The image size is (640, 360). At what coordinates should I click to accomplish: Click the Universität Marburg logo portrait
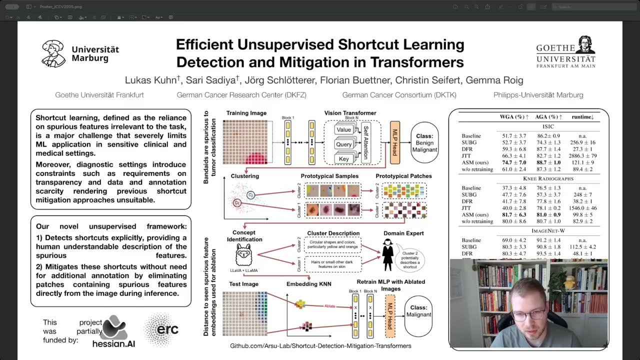[x=53, y=53]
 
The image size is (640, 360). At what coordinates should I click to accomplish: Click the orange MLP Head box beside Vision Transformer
[x=394, y=142]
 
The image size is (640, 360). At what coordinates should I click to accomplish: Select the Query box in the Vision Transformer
[x=343, y=144]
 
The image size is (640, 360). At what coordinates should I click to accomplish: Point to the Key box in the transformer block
[x=343, y=158]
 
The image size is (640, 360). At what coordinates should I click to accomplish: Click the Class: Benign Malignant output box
[x=424, y=142]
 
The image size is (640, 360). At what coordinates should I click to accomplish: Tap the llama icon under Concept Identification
[x=244, y=254]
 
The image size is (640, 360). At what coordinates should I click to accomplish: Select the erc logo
[x=161, y=329]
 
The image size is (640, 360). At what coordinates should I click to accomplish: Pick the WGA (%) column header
[x=513, y=117]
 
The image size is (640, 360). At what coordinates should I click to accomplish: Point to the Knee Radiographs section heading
[x=548, y=178]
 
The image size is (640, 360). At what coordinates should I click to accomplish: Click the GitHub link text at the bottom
[x=320, y=346]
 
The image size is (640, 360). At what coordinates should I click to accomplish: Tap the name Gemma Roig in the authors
[x=498, y=80]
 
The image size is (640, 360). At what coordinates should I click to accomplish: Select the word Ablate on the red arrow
[x=329, y=306]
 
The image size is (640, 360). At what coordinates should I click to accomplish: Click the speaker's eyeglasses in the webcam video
[x=527, y=315]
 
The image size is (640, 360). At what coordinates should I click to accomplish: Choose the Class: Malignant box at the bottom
[x=418, y=311]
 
